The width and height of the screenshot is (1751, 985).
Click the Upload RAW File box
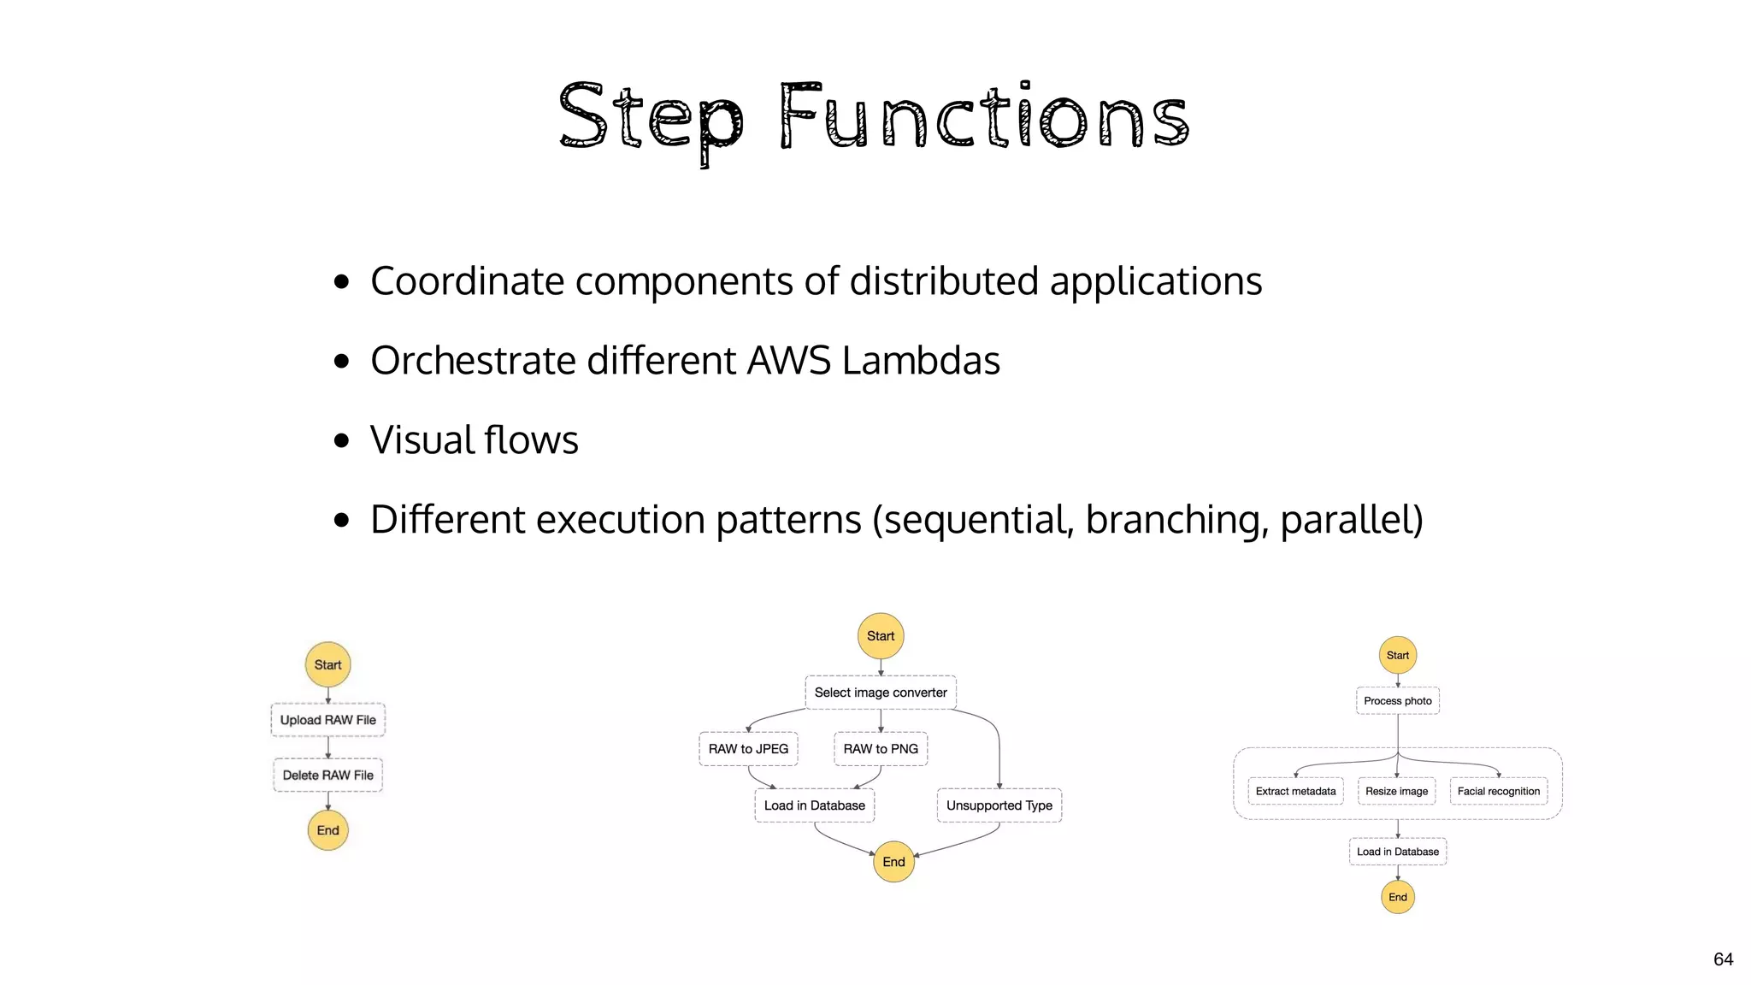(x=327, y=720)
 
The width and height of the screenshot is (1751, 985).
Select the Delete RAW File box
(x=327, y=776)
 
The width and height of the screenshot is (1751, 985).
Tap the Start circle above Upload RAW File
(x=327, y=664)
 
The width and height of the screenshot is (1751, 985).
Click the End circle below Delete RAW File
(x=327, y=830)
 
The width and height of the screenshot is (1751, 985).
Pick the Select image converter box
(x=881, y=693)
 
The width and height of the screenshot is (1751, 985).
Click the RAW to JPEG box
(x=748, y=749)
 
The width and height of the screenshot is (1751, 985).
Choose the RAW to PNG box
(x=881, y=749)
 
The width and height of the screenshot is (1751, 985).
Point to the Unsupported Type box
(x=999, y=805)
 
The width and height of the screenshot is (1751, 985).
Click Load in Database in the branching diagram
(x=814, y=805)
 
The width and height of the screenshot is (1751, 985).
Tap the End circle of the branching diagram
(x=893, y=862)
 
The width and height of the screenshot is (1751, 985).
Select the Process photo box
(x=1397, y=701)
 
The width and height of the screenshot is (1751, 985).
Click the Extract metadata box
(x=1295, y=792)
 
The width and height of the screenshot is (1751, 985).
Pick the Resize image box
(x=1396, y=792)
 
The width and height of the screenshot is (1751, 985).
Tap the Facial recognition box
(x=1498, y=792)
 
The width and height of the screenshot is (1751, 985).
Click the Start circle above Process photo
(x=1397, y=656)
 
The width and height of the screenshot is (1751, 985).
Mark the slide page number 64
(x=1723, y=959)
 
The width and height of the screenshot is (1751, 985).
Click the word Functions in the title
(x=983, y=117)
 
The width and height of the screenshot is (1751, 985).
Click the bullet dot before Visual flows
(x=342, y=440)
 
